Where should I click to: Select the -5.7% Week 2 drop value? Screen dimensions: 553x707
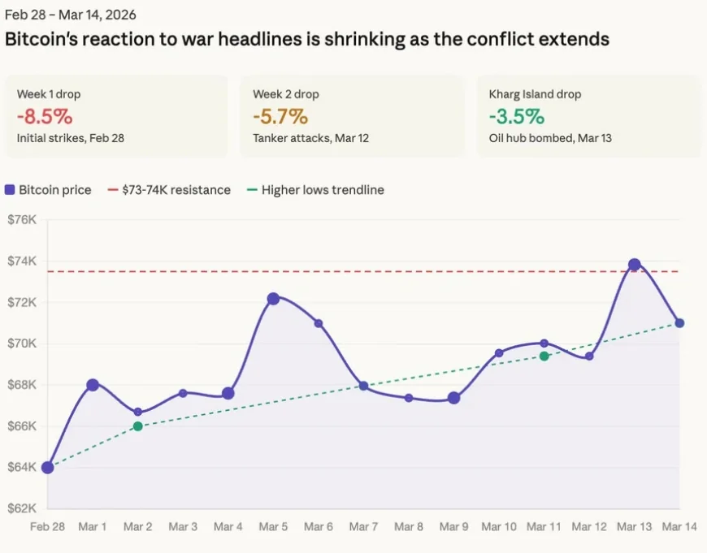click(280, 116)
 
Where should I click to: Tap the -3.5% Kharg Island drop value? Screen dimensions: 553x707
click(516, 116)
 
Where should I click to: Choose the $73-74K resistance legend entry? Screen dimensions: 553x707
click(168, 190)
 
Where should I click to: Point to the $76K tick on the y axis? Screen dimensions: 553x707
click(22, 220)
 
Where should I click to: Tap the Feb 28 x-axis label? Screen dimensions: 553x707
click(47, 527)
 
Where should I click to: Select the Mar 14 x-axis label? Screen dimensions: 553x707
click(679, 527)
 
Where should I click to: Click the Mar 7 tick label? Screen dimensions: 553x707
click(363, 527)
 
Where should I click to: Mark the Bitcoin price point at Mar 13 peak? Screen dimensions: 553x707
click(635, 265)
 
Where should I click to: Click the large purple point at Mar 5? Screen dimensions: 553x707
click(273, 299)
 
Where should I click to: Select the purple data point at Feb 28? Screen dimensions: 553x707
click(47, 468)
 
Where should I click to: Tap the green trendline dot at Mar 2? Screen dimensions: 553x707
click(138, 426)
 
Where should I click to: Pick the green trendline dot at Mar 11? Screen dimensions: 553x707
click(544, 356)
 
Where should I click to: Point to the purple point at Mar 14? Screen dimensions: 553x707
click(679, 323)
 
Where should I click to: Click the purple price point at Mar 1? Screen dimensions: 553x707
click(93, 385)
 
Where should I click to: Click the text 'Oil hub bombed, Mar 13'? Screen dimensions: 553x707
click(550, 138)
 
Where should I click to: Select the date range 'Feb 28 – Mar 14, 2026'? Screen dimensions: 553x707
click(71, 15)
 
